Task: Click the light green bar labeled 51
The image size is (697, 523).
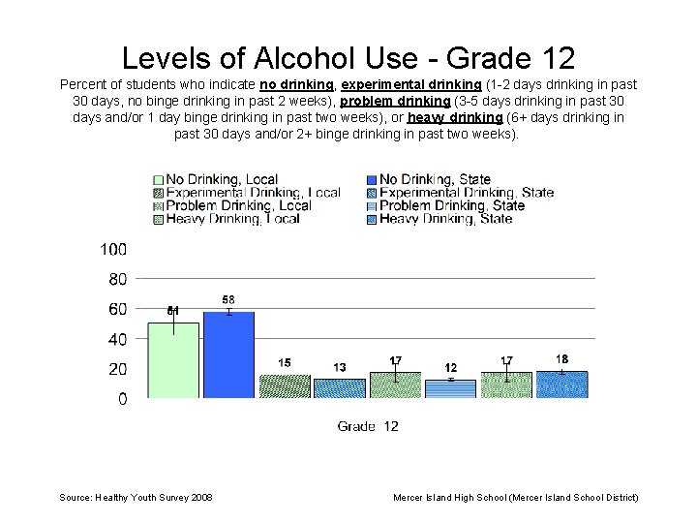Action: (173, 360)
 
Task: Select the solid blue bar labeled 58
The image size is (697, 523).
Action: (228, 354)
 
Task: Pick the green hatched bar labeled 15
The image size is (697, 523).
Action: (285, 386)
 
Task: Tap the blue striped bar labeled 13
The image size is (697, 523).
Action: (340, 388)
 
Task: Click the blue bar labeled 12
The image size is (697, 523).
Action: (451, 388)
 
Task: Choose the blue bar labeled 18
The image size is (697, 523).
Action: (562, 385)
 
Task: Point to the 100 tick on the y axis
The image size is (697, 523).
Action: (113, 249)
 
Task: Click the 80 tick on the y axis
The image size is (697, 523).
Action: (117, 279)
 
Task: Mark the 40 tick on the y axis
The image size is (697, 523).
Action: (117, 339)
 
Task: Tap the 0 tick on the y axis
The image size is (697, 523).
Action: (122, 399)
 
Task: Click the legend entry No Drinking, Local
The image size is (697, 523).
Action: (222, 179)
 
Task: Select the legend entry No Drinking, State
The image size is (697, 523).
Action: (435, 179)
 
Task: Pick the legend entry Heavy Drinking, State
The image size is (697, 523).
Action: (445, 219)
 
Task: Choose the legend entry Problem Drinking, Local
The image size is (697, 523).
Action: (238, 205)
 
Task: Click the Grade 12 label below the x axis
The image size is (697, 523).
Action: (368, 426)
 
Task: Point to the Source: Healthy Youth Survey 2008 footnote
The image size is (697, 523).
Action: (136, 497)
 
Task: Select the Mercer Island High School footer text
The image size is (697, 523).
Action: (515, 497)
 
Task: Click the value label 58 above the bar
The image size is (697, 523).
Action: (228, 300)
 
